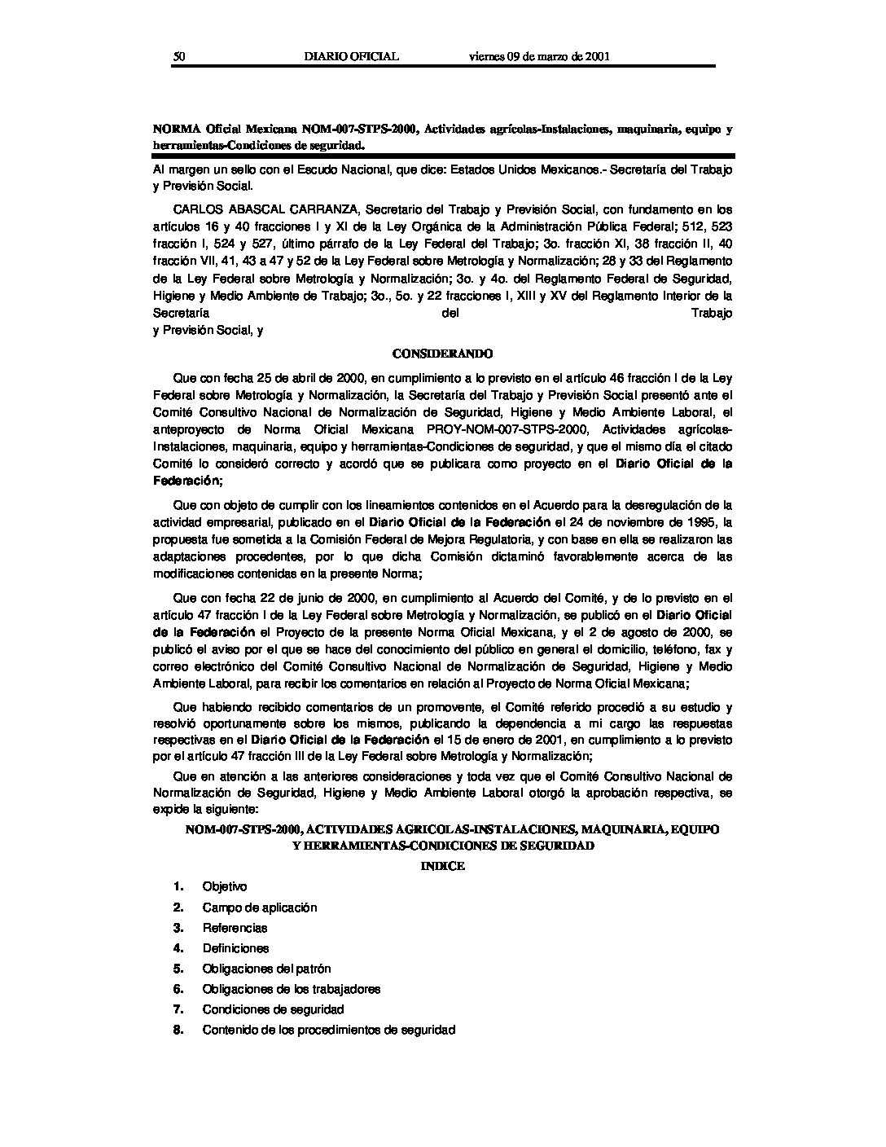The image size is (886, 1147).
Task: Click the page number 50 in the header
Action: pos(180,56)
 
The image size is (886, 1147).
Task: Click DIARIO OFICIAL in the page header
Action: pos(350,56)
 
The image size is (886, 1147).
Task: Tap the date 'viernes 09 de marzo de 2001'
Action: pos(540,56)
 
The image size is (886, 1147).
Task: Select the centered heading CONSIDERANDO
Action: pos(442,354)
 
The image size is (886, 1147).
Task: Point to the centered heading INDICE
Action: pos(442,866)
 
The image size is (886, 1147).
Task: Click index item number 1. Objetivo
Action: pos(225,886)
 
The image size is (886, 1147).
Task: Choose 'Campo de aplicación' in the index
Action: pos(260,907)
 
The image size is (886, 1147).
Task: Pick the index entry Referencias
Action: pos(235,928)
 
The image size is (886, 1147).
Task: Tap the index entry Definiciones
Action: pos(235,948)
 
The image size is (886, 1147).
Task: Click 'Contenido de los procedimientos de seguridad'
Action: pos(328,1030)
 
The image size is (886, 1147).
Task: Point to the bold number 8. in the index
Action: pos(178,1030)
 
